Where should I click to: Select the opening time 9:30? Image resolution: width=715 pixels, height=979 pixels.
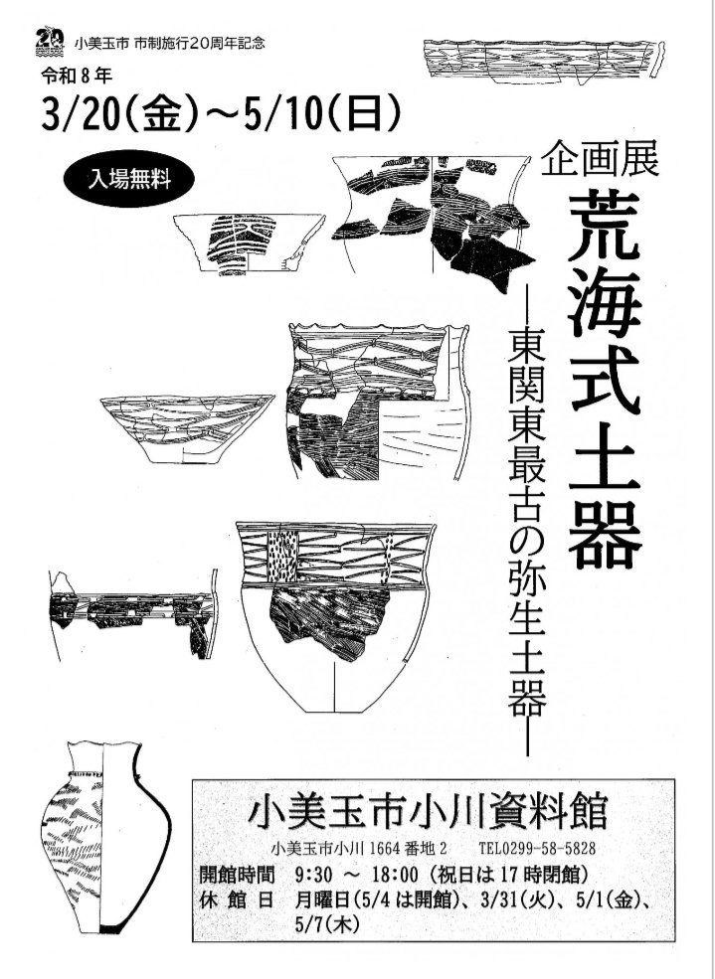point(317,875)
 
